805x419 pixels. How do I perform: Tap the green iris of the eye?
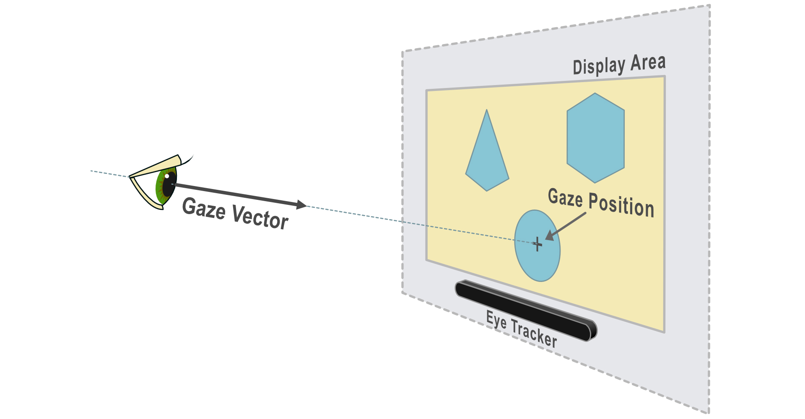tap(160, 189)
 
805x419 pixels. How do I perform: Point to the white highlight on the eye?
tap(167, 176)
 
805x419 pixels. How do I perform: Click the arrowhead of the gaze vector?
tap(301, 205)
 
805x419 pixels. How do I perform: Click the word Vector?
tap(260, 217)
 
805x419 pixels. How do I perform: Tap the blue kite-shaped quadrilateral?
tap(487, 159)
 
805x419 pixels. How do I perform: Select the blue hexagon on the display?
tap(595, 138)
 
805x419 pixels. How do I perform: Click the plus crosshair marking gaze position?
tap(537, 244)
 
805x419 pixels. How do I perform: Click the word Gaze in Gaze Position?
tap(565, 198)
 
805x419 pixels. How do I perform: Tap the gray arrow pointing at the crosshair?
tap(566, 226)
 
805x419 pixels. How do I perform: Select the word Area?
tap(648, 63)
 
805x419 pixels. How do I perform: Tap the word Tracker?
tap(534, 334)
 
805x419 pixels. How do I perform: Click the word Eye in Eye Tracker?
tap(496, 321)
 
